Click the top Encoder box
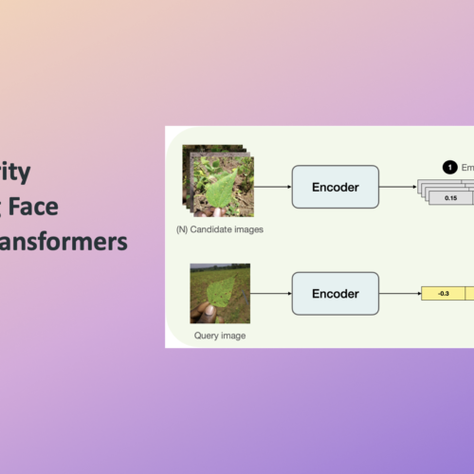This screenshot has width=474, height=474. click(x=335, y=187)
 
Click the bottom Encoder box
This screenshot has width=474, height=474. click(x=335, y=293)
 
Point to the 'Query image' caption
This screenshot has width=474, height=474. click(x=220, y=335)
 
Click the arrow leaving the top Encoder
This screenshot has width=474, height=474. click(x=397, y=187)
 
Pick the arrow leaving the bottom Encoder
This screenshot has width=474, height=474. click(x=399, y=293)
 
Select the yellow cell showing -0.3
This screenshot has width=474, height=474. click(x=444, y=294)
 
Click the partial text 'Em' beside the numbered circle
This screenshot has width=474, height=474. click(x=466, y=167)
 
